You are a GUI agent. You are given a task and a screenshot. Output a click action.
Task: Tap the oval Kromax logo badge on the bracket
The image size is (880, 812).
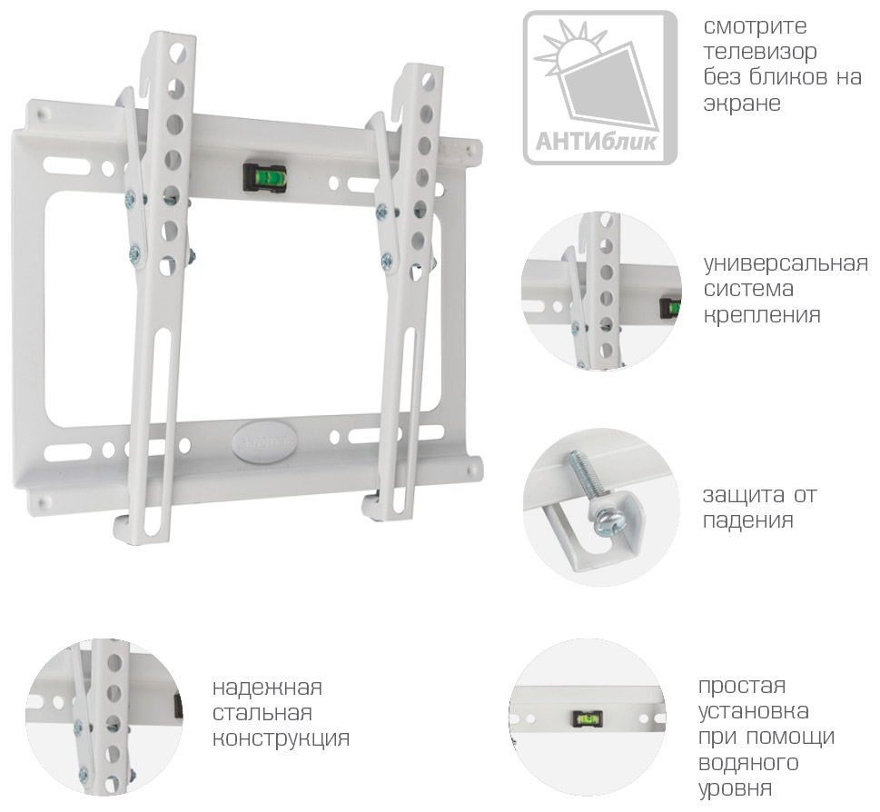pyautogui.click(x=263, y=436)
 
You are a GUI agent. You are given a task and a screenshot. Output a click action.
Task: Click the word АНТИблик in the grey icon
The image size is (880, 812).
pyautogui.click(x=596, y=142)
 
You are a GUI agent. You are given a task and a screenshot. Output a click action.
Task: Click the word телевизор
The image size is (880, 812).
pyautogui.click(x=760, y=52)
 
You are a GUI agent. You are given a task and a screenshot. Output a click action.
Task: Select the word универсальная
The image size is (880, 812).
pyautogui.click(x=786, y=263)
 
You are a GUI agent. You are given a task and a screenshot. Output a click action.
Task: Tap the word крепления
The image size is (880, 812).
pyautogui.click(x=762, y=315)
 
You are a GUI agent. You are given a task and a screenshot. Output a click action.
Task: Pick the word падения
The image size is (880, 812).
pyautogui.click(x=747, y=521)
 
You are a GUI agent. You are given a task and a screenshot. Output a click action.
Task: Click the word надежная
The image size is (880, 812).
pyautogui.click(x=267, y=688)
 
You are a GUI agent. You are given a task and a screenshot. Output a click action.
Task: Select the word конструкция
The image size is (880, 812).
pyautogui.click(x=281, y=738)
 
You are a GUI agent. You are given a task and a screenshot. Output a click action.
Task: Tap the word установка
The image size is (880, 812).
pyautogui.click(x=753, y=712)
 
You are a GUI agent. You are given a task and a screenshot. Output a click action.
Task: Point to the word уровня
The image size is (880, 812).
pyautogui.click(x=735, y=789)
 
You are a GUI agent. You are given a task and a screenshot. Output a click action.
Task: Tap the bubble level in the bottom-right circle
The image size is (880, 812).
pyautogui.click(x=588, y=718)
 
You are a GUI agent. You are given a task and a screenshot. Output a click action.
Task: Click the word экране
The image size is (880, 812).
pyautogui.click(x=742, y=104)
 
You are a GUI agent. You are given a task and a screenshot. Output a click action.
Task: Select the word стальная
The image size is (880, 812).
pyautogui.click(x=262, y=714)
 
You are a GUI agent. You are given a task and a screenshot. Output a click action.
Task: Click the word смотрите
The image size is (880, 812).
pyautogui.click(x=755, y=26)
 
